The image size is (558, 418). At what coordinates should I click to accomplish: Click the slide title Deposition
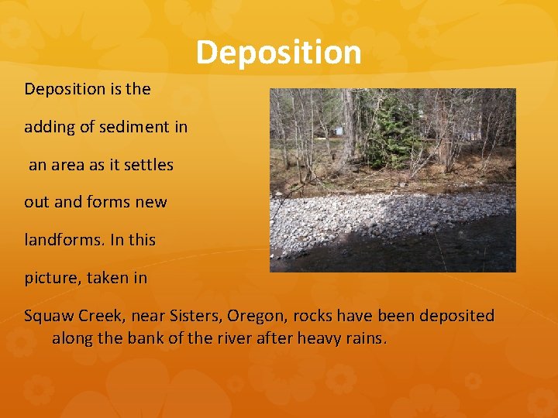[278, 53]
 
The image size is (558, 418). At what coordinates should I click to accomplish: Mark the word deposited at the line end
[453, 317]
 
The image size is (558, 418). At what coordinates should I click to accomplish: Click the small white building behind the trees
[336, 129]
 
